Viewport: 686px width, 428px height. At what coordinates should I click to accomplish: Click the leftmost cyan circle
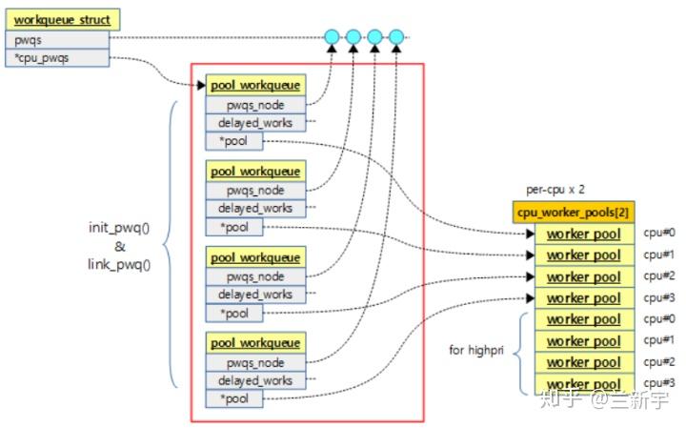[x=332, y=38]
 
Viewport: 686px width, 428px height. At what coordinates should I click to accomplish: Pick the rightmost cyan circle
[x=396, y=38]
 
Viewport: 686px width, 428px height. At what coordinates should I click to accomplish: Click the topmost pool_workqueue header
[x=255, y=86]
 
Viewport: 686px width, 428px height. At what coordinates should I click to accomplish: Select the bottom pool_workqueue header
[x=255, y=343]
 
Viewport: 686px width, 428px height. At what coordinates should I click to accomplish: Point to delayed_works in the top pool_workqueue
[x=255, y=123]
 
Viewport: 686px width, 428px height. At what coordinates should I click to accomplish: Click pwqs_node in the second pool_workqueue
[x=255, y=191]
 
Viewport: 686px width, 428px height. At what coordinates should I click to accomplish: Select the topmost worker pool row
[x=582, y=234]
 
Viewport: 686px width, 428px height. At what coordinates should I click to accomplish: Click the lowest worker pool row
[x=582, y=384]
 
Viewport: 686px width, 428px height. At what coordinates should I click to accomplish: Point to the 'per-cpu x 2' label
[x=555, y=191]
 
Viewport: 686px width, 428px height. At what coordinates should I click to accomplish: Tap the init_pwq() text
[x=120, y=229]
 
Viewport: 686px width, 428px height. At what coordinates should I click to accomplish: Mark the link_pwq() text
[x=120, y=265]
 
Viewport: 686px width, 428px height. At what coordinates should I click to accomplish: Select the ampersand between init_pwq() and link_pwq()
[x=120, y=247]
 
